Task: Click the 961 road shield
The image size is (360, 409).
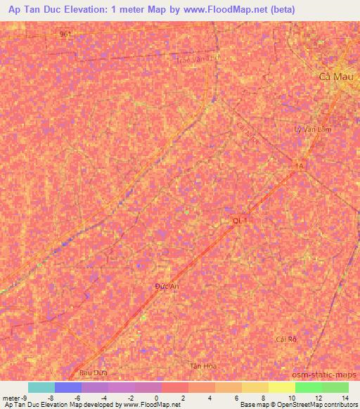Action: tap(65, 34)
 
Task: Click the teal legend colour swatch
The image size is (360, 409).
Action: tap(41, 387)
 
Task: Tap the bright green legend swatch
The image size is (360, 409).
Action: tap(308, 387)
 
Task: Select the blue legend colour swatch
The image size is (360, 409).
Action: tap(68, 387)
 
